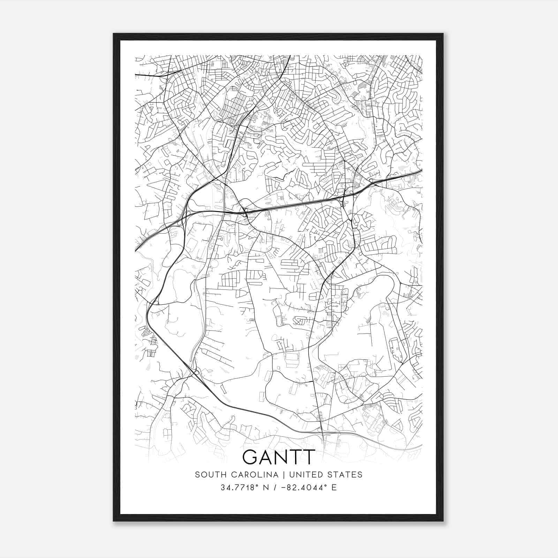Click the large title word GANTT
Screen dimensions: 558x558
(x=279, y=457)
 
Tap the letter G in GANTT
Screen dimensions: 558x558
(x=250, y=457)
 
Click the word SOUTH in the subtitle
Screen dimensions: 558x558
(x=208, y=475)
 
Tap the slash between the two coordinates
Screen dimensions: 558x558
(x=275, y=488)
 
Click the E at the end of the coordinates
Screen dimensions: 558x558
(x=334, y=488)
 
